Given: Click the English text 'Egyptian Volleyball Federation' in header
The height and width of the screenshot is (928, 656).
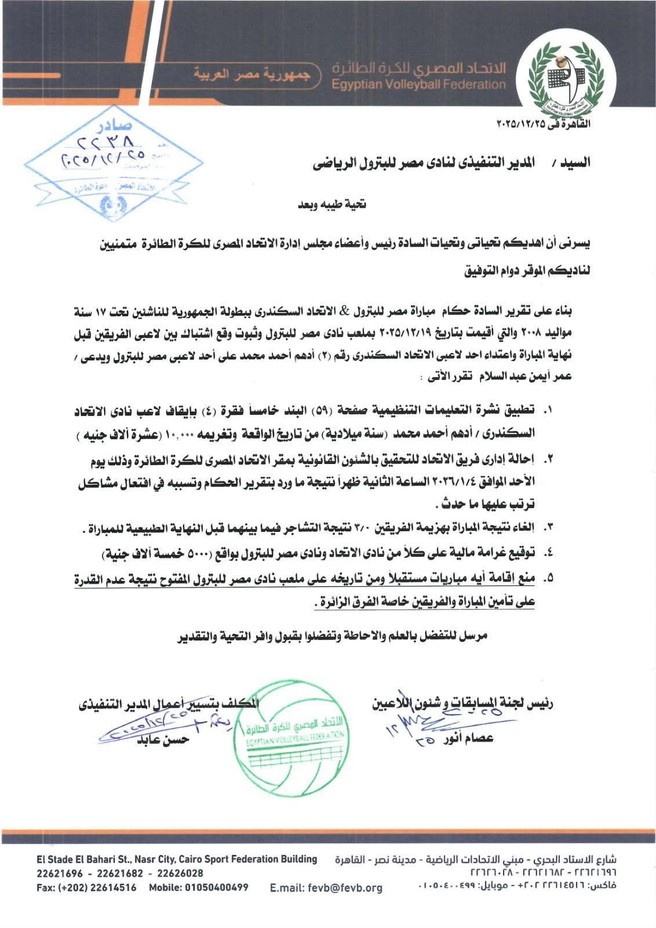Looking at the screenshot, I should [419, 85].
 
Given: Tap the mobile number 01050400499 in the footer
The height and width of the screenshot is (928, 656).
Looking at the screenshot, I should [216, 887].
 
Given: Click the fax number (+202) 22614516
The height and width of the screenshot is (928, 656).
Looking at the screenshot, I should [97, 887].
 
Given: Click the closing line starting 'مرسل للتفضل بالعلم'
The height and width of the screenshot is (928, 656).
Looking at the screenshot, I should [332, 635].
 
